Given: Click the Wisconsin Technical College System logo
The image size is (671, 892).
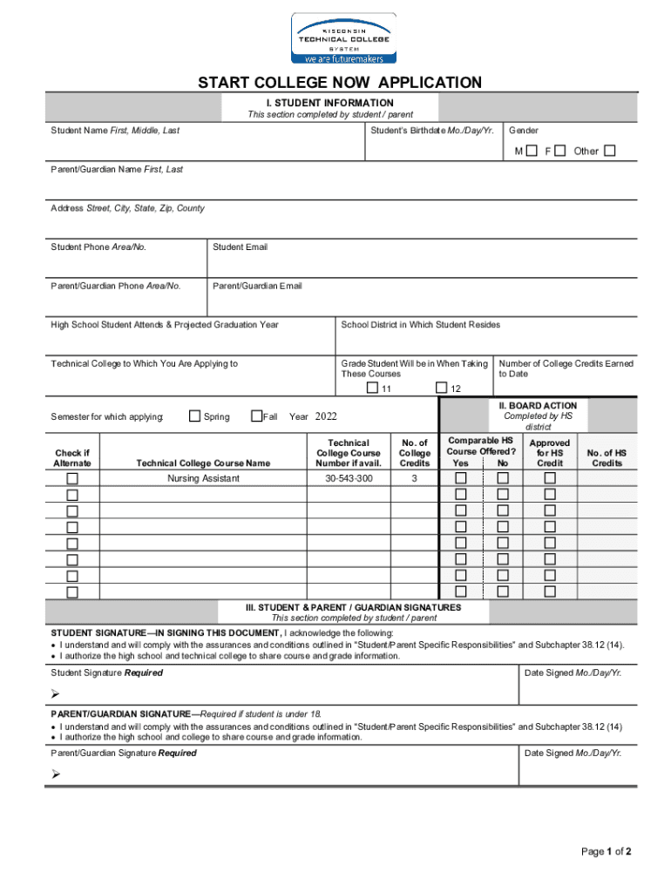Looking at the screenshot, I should click(x=342, y=39).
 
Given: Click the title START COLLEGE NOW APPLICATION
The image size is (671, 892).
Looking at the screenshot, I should click(x=339, y=83).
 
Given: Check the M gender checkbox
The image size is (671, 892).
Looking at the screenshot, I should click(x=531, y=151).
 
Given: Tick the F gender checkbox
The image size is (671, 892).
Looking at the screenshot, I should click(x=559, y=151).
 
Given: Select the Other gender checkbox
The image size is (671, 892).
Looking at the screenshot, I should click(x=609, y=151).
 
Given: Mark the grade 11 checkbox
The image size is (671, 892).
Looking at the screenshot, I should click(x=373, y=388).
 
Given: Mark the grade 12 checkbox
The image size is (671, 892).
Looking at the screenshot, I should click(x=442, y=388).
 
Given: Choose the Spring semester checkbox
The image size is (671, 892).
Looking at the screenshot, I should click(x=194, y=416).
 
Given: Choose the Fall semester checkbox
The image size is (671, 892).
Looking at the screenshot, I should click(x=256, y=416).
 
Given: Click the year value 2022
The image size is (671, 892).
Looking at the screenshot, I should click(x=325, y=416).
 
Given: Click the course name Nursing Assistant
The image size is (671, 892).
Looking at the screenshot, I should click(x=203, y=479).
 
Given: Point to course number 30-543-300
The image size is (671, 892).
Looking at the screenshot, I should click(x=349, y=479).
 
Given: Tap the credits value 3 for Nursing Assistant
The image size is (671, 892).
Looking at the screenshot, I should click(x=414, y=479).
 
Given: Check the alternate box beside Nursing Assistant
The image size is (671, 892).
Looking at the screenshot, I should click(x=72, y=479).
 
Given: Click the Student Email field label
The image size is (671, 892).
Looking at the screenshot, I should click(x=240, y=247).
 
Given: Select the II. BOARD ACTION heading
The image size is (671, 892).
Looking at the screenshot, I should click(x=537, y=406).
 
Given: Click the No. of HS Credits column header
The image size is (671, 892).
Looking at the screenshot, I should click(x=607, y=457).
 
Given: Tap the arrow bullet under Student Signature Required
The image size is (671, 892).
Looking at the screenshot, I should click(x=55, y=693).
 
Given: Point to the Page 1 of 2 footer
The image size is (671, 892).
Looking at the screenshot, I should click(x=606, y=851).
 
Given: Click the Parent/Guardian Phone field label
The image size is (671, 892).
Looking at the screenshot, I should click(x=116, y=286).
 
